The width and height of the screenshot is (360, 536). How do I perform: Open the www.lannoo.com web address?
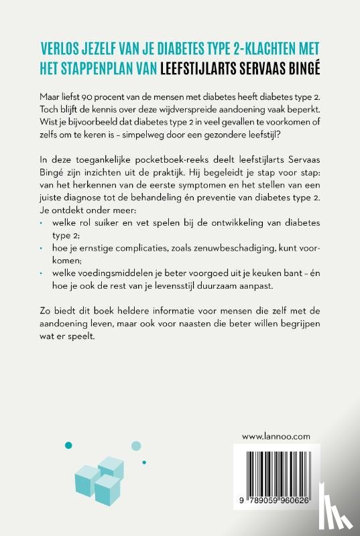276,435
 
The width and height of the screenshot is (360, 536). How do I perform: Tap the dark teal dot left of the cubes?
67,444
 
